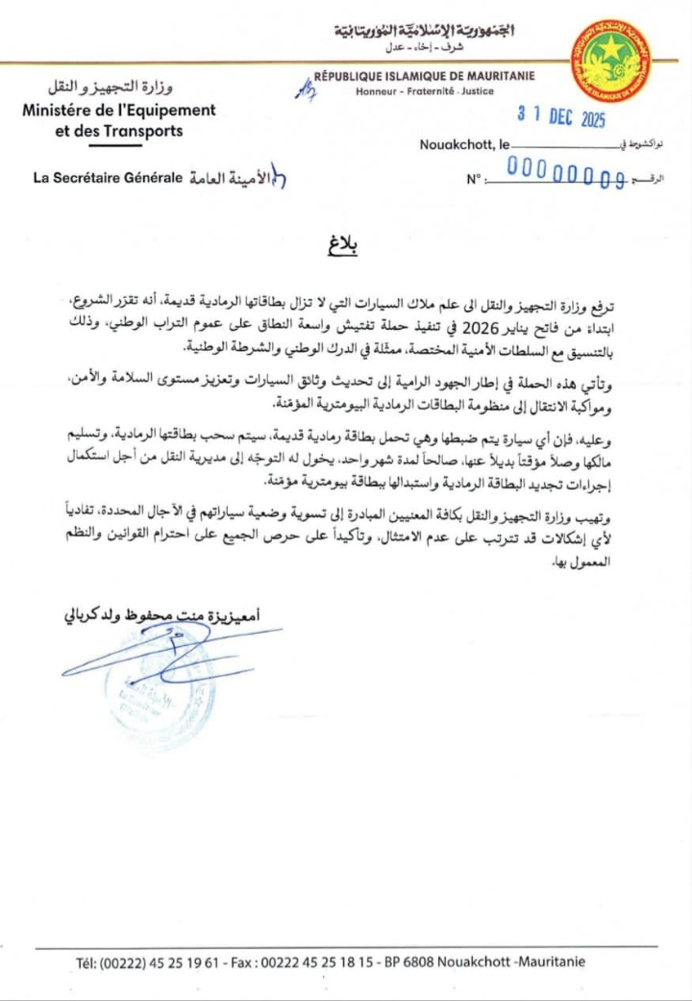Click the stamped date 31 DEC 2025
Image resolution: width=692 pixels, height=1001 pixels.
pos(561,116)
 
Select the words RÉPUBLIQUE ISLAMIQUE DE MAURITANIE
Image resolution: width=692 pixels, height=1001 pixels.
pos(425,76)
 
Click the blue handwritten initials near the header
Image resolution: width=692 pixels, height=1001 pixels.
pos(307,89)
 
